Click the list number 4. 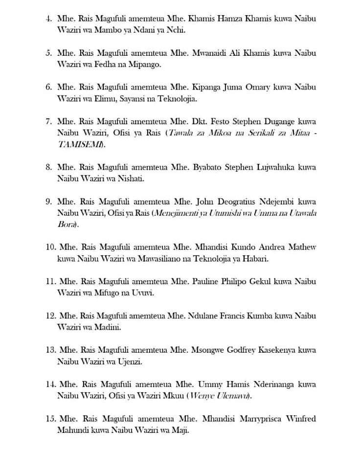47,19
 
